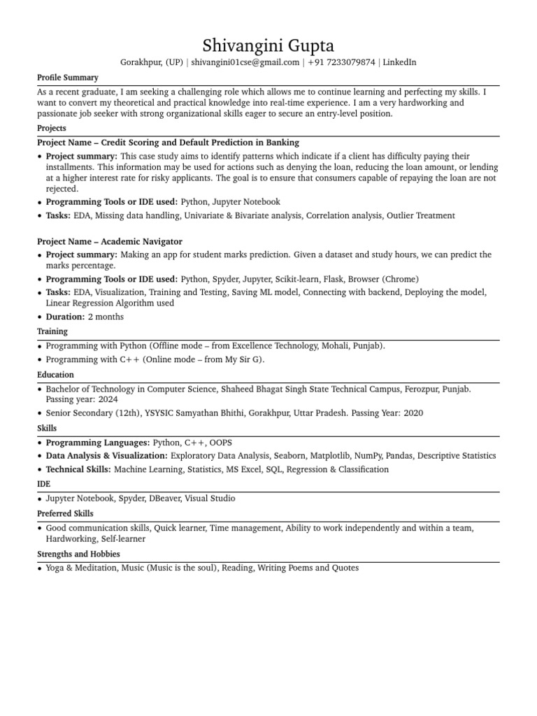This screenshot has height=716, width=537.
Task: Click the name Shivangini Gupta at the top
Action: pyautogui.click(x=268, y=46)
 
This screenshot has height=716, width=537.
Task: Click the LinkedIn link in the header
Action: pyautogui.click(x=400, y=62)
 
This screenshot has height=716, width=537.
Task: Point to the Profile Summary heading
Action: pyautogui.click(x=68, y=78)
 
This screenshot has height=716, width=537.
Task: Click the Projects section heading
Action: pyautogui.click(x=52, y=128)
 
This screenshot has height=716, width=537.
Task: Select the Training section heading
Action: pyautogui.click(x=52, y=331)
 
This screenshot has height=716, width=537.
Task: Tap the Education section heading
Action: pyautogui.click(x=55, y=375)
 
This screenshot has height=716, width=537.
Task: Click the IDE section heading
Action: pyautogui.click(x=43, y=484)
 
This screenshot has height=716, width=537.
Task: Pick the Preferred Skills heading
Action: pyautogui.click(x=64, y=513)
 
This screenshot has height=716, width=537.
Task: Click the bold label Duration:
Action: pyautogui.click(x=65, y=317)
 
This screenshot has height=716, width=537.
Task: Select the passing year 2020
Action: pyautogui.click(x=413, y=413)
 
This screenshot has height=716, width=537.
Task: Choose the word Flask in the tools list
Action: pyautogui.click(x=334, y=279)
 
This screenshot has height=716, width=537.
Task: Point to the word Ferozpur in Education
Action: pyautogui.click(x=423, y=389)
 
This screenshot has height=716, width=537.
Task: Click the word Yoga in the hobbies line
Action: pyautogui.click(x=55, y=568)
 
